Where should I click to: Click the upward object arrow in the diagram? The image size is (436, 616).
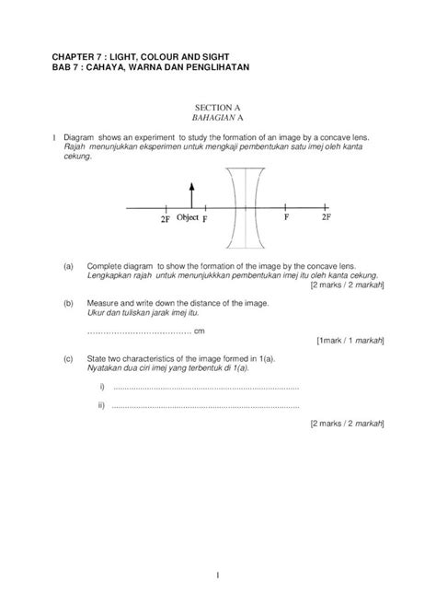pos(190,194)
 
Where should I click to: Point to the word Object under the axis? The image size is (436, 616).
pos(188,218)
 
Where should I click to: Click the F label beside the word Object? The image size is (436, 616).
pos(204,219)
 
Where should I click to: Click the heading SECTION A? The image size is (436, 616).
pos(217,109)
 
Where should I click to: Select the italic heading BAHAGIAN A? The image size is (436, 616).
pos(217,119)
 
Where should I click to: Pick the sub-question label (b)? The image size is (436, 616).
pos(68,302)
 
